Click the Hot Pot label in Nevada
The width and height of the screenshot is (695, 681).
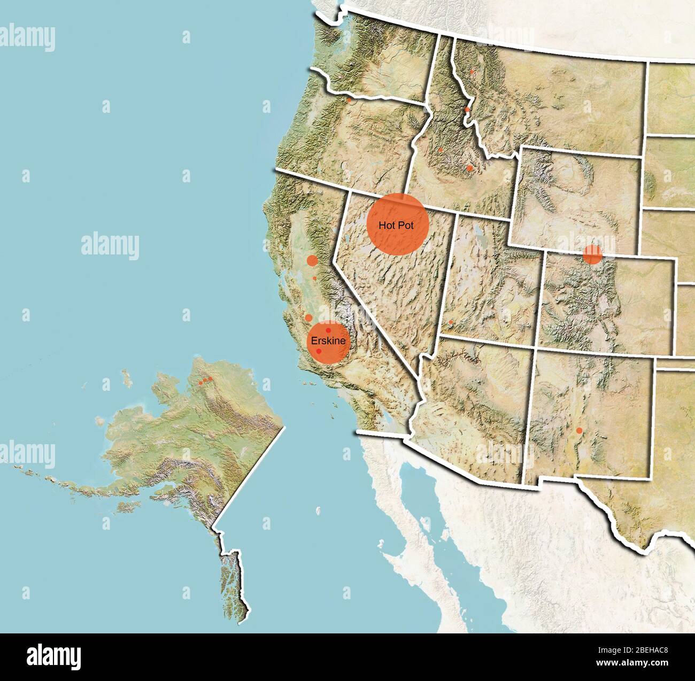pyautogui.click(x=396, y=225)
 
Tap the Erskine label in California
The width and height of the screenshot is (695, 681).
pyautogui.click(x=328, y=340)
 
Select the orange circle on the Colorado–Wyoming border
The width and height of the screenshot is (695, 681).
pyautogui.click(x=592, y=254)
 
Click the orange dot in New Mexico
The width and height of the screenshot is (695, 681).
pyautogui.click(x=579, y=430)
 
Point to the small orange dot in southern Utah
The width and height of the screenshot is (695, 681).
pyautogui.click(x=451, y=322)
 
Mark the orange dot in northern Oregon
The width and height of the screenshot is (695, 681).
pyautogui.click(x=349, y=99)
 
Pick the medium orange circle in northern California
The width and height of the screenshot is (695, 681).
pyautogui.click(x=312, y=261)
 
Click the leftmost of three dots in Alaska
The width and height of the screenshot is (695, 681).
pyautogui.click(x=200, y=383)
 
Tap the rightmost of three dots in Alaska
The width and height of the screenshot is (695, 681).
pyautogui.click(x=211, y=379)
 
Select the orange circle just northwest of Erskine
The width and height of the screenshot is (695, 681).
pyautogui.click(x=308, y=318)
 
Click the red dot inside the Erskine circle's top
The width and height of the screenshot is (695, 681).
pyautogui.click(x=328, y=331)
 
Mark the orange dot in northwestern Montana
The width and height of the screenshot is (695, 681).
pyautogui.click(x=472, y=71)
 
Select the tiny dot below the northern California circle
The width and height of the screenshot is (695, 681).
pyautogui.click(x=314, y=278)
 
